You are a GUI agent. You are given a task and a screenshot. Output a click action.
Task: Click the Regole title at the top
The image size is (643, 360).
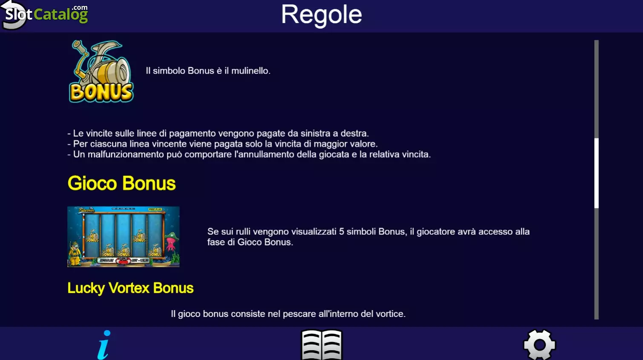[321, 15]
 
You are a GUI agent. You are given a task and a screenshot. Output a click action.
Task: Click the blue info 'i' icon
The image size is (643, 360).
[104, 345]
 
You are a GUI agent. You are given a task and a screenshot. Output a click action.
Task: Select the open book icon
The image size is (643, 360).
[321, 345]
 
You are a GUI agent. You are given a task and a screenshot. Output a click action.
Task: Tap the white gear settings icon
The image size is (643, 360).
[539, 345]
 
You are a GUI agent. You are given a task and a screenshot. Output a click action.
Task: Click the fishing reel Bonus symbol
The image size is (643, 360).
[101, 71]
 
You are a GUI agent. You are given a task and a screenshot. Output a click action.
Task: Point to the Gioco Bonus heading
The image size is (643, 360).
[121, 183]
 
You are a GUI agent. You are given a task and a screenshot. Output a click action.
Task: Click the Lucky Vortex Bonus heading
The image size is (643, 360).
[130, 288]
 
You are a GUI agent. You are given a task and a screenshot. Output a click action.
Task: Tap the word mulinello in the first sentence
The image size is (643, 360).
[250, 71]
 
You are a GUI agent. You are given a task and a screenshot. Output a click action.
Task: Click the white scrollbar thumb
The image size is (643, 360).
[597, 173]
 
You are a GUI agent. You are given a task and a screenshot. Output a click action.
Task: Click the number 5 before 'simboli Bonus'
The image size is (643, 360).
[341, 231]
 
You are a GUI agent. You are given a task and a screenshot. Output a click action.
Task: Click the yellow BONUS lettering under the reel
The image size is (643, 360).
[101, 92]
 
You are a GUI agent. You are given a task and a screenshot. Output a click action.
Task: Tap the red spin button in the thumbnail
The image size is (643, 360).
[123, 260]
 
